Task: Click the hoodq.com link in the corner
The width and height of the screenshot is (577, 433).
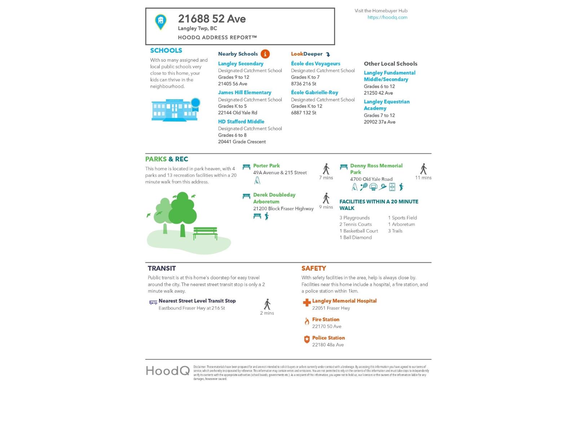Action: coord(387,17)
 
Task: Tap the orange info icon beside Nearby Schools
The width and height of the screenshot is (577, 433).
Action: coord(265,54)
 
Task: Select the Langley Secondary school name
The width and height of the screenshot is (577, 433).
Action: coord(241,64)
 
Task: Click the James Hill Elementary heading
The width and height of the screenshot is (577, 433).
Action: coord(245,92)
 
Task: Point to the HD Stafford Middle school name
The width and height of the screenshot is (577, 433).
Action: coord(241,122)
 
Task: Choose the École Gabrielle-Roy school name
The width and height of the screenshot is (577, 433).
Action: coord(314,92)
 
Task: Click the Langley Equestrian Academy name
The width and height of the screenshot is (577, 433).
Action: coord(386,105)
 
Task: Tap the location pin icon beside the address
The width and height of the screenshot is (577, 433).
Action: coord(160,22)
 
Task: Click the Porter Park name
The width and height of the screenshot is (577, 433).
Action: coord(266,166)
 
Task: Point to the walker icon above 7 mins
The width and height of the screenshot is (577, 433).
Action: coord(326,169)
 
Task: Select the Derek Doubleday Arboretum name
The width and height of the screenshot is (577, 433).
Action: coord(274,198)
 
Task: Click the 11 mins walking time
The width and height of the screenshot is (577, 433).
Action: coord(423,178)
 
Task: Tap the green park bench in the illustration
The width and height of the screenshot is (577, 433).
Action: coord(205,233)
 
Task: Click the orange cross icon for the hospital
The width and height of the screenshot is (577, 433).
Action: coord(307,303)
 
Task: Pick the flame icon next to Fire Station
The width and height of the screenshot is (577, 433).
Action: coord(307,321)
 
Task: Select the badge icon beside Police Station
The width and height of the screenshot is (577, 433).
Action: coord(307,340)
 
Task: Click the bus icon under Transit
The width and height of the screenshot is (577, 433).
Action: coord(153,302)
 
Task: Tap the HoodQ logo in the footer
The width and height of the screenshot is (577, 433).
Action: coord(168,371)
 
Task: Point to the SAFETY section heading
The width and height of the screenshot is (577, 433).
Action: coord(313,268)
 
